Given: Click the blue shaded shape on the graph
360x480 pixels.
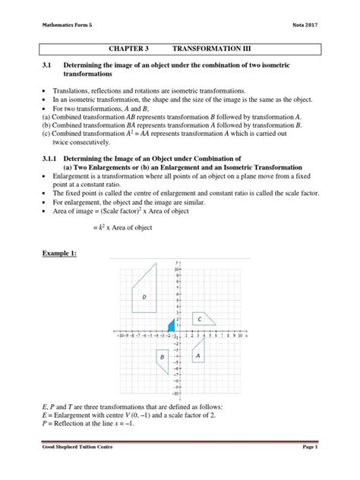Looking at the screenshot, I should [172, 327].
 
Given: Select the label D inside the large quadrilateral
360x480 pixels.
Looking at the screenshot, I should [144, 297].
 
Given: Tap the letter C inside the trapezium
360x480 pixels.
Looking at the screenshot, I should [199, 319].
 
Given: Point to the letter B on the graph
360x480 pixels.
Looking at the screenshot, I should [162, 356].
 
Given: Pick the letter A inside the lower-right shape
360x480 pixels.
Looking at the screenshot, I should [198, 355].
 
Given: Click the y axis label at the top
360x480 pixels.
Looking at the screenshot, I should [177, 261].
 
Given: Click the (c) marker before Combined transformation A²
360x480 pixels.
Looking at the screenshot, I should [46, 133].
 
